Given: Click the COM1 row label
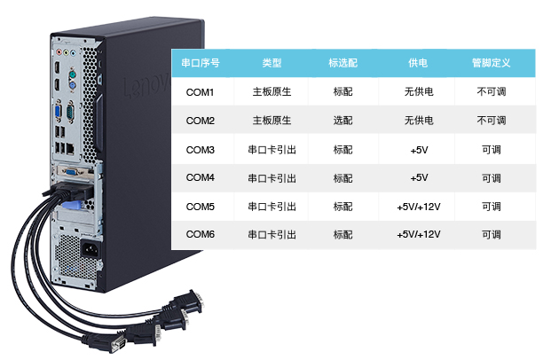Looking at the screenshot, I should (201, 92).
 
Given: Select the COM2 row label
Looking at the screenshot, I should (201, 121).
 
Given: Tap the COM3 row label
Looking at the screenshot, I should (201, 150).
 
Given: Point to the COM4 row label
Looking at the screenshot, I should (201, 178).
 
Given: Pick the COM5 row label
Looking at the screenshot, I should (201, 207).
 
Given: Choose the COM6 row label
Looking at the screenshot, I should (201, 235).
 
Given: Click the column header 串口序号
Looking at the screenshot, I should (201, 64).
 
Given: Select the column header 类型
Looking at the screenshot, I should (272, 64).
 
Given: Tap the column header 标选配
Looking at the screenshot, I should (342, 64).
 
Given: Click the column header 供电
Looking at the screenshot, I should (418, 64).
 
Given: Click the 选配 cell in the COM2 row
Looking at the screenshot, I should (342, 121).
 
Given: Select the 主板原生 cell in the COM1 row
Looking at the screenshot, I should (272, 92).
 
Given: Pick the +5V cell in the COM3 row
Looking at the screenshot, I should (419, 150).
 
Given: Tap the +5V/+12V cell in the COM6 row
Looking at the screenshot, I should (419, 235).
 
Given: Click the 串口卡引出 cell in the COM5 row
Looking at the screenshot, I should (272, 207).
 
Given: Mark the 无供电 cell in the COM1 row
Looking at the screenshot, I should (418, 92).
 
